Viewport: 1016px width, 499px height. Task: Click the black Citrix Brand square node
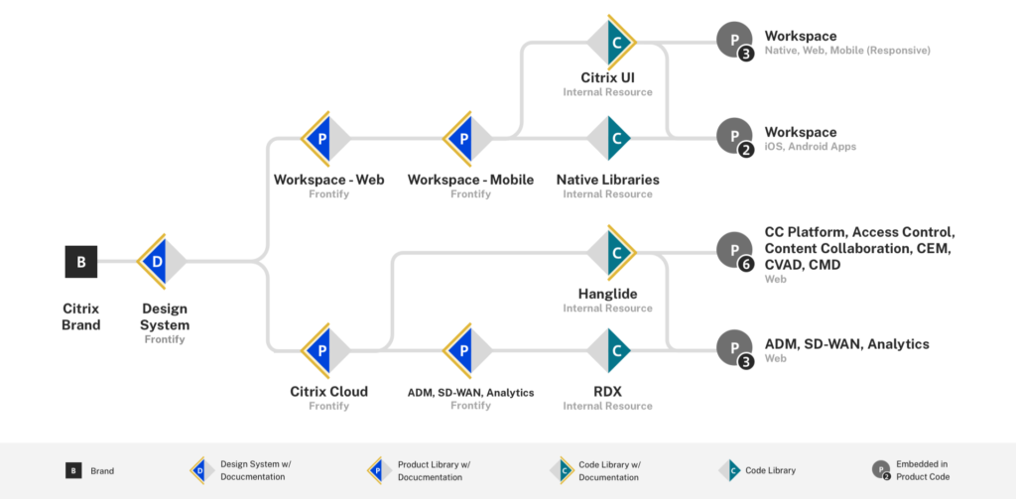81,262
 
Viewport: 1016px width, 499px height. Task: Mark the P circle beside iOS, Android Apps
735,137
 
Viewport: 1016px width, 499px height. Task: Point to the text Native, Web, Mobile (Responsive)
846,50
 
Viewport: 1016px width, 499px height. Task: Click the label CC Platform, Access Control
858,232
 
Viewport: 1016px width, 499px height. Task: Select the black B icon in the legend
73,471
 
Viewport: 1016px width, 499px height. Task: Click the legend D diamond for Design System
200,471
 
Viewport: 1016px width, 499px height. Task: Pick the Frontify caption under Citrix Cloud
328,406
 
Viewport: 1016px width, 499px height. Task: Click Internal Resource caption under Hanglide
607,308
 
